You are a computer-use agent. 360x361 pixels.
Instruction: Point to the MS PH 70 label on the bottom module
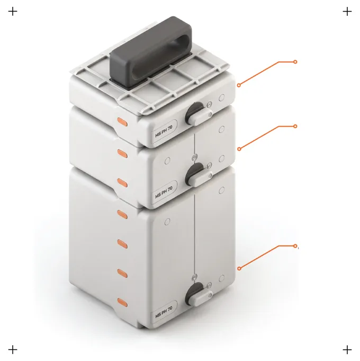click(x=164, y=312)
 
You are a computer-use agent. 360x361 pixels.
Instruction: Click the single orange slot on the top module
click(x=122, y=122)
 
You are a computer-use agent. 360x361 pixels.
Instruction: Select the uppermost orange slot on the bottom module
click(x=122, y=214)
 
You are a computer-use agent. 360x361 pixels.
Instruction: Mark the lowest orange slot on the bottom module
click(x=122, y=302)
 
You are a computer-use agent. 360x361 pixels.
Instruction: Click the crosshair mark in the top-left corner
click(x=13, y=11)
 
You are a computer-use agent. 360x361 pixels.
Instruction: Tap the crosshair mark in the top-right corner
click(x=347, y=11)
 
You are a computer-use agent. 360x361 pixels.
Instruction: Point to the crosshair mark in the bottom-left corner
click(x=13, y=350)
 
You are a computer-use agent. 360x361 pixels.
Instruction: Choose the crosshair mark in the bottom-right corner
click(x=347, y=350)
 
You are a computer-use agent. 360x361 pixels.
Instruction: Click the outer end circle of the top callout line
click(x=295, y=61)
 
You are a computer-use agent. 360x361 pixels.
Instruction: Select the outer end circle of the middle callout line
click(x=295, y=126)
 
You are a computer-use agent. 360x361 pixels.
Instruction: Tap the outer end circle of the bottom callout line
click(x=295, y=246)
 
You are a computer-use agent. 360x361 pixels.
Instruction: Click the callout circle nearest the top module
click(x=239, y=85)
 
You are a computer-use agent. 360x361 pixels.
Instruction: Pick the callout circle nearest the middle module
click(x=239, y=149)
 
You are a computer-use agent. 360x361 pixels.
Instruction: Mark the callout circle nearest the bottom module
click(x=239, y=268)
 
